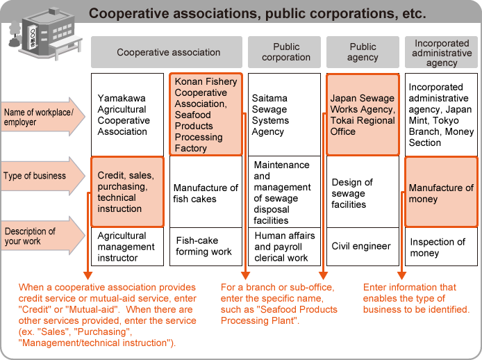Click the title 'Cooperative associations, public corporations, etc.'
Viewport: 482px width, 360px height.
coord(257,13)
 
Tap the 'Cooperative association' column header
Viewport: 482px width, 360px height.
coord(168,52)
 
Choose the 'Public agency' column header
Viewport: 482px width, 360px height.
coord(363,52)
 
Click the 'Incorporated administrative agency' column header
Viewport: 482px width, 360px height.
coord(442,52)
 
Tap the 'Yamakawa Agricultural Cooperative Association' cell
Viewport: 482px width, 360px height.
coord(127,115)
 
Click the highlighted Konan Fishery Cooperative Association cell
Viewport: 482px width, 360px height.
coord(206,115)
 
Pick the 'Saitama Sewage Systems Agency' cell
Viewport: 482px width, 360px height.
coord(284,115)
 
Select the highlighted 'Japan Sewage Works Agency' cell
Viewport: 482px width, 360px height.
coord(363,115)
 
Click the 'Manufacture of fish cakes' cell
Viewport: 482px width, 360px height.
coord(206,193)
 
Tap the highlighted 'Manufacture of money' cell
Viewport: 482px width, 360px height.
coord(441,193)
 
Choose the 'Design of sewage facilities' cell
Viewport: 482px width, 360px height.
coord(363,193)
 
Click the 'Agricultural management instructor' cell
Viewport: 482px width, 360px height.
coord(127,246)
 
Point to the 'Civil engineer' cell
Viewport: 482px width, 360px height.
coord(363,246)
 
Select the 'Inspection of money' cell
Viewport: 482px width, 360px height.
coord(441,247)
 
